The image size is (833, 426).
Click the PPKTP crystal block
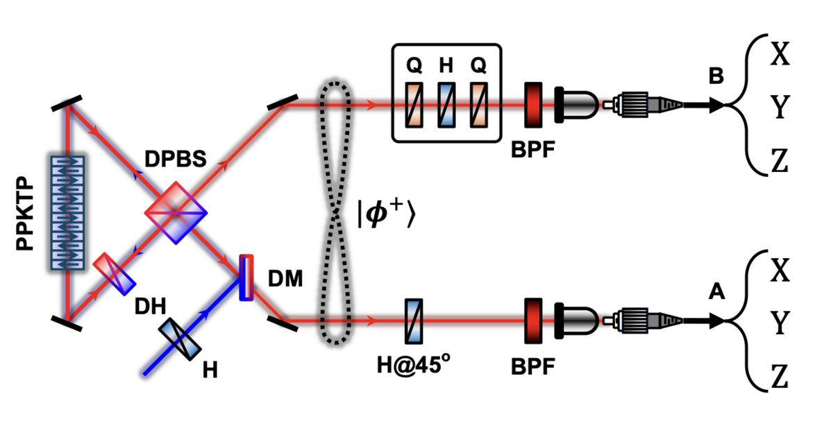pyautogui.click(x=67, y=212)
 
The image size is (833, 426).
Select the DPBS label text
pyautogui.click(x=176, y=159)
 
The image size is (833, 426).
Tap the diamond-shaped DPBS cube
pyautogui.click(x=176, y=212)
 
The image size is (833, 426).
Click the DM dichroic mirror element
pyautogui.click(x=246, y=278)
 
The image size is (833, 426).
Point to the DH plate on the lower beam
pyautogui.click(x=114, y=274)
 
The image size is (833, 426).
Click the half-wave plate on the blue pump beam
pyautogui.click(x=180, y=339)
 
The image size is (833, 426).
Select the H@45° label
pyautogui.click(x=413, y=365)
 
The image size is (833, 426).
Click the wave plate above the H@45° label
pyautogui.click(x=414, y=321)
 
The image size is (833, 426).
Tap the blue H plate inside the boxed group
pyautogui.click(x=446, y=105)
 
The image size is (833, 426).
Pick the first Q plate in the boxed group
pyautogui.click(x=414, y=105)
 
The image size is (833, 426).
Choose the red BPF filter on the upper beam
pyautogui.click(x=533, y=105)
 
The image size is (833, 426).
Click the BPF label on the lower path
pyautogui.click(x=533, y=366)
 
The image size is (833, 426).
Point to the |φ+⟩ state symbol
pyautogui.click(x=386, y=213)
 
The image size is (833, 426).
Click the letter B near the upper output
pyautogui.click(x=716, y=76)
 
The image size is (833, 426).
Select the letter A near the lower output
pyautogui.click(x=716, y=291)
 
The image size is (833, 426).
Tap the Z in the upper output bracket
pyautogui.click(x=780, y=160)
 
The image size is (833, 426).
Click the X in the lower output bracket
pyautogui.click(x=780, y=271)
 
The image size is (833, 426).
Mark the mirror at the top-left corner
pyautogui.click(x=67, y=103)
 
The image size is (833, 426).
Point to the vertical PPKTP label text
pyautogui.click(x=25, y=213)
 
